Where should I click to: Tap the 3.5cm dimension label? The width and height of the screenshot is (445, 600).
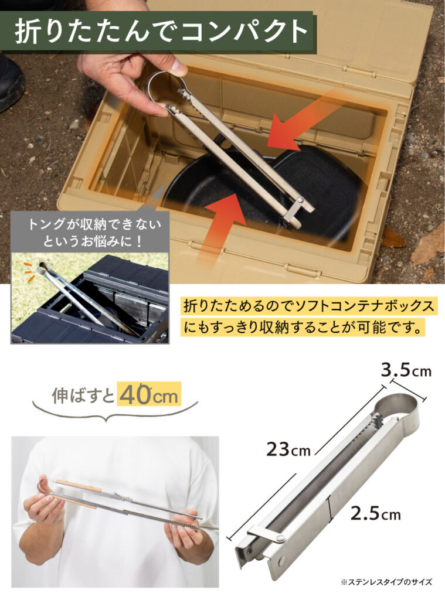point(406,370)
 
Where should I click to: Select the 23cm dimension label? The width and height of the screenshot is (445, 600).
point(288,449)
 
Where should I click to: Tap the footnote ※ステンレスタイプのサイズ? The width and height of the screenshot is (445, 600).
point(386,582)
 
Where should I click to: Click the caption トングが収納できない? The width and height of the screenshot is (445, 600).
point(94,224)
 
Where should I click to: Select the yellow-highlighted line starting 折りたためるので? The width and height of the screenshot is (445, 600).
point(309,306)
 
